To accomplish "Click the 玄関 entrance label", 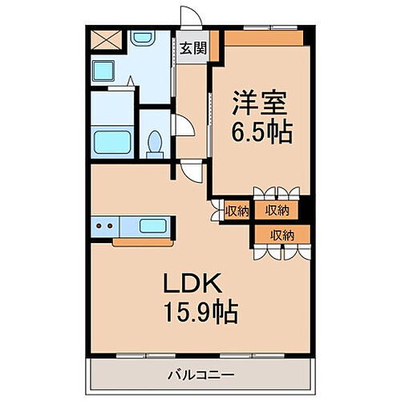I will pyautogui.click(x=192, y=48).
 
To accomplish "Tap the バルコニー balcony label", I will pyautogui.click(x=200, y=374).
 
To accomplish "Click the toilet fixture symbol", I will pyautogui.click(x=155, y=144).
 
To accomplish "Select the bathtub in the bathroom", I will pyautogui.click(x=112, y=144).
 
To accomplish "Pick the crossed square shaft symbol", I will pyautogui.click(x=104, y=39).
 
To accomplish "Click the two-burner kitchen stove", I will pyautogui.click(x=104, y=226).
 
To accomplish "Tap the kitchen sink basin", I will pyautogui.click(x=152, y=226).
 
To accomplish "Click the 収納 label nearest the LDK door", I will pyautogui.click(x=237, y=211).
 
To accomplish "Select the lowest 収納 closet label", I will pyautogui.click(x=282, y=235).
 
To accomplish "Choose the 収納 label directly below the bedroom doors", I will pyautogui.click(x=277, y=211).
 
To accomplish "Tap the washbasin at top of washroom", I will pyautogui.click(x=143, y=38).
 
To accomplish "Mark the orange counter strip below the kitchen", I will pyautogui.click(x=143, y=241).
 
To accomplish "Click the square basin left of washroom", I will pyautogui.click(x=103, y=71).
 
